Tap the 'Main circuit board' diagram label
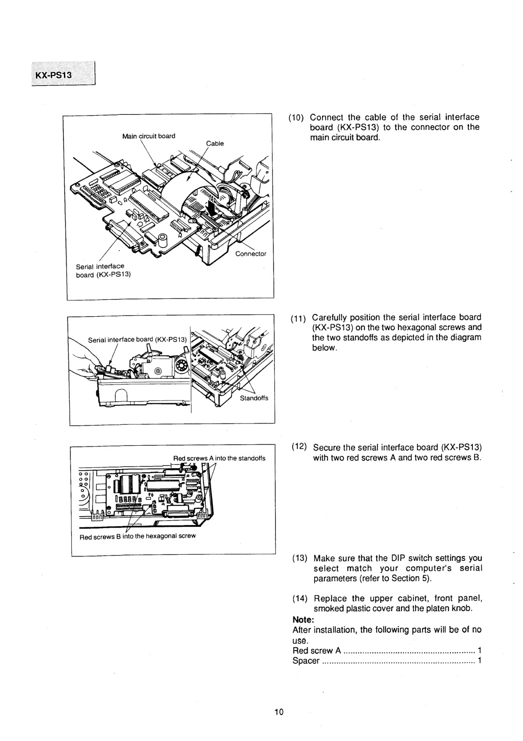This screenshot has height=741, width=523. pos(149,136)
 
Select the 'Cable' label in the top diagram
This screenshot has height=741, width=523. pos(215,143)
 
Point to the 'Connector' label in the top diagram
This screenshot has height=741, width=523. pos(251,254)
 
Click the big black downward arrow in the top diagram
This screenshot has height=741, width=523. pos(213,206)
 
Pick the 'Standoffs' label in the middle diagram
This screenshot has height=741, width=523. pos(254,398)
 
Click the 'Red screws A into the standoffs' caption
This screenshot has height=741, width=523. pos(219,458)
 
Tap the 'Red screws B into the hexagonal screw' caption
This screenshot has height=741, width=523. pos(138,536)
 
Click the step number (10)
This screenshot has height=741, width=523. pos(296,118)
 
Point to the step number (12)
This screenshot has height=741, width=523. pos(299,446)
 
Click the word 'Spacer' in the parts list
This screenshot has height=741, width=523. pos(306,661)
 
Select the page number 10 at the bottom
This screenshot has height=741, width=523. pos(279,712)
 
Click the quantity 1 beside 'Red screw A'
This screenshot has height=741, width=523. pos(480,651)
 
